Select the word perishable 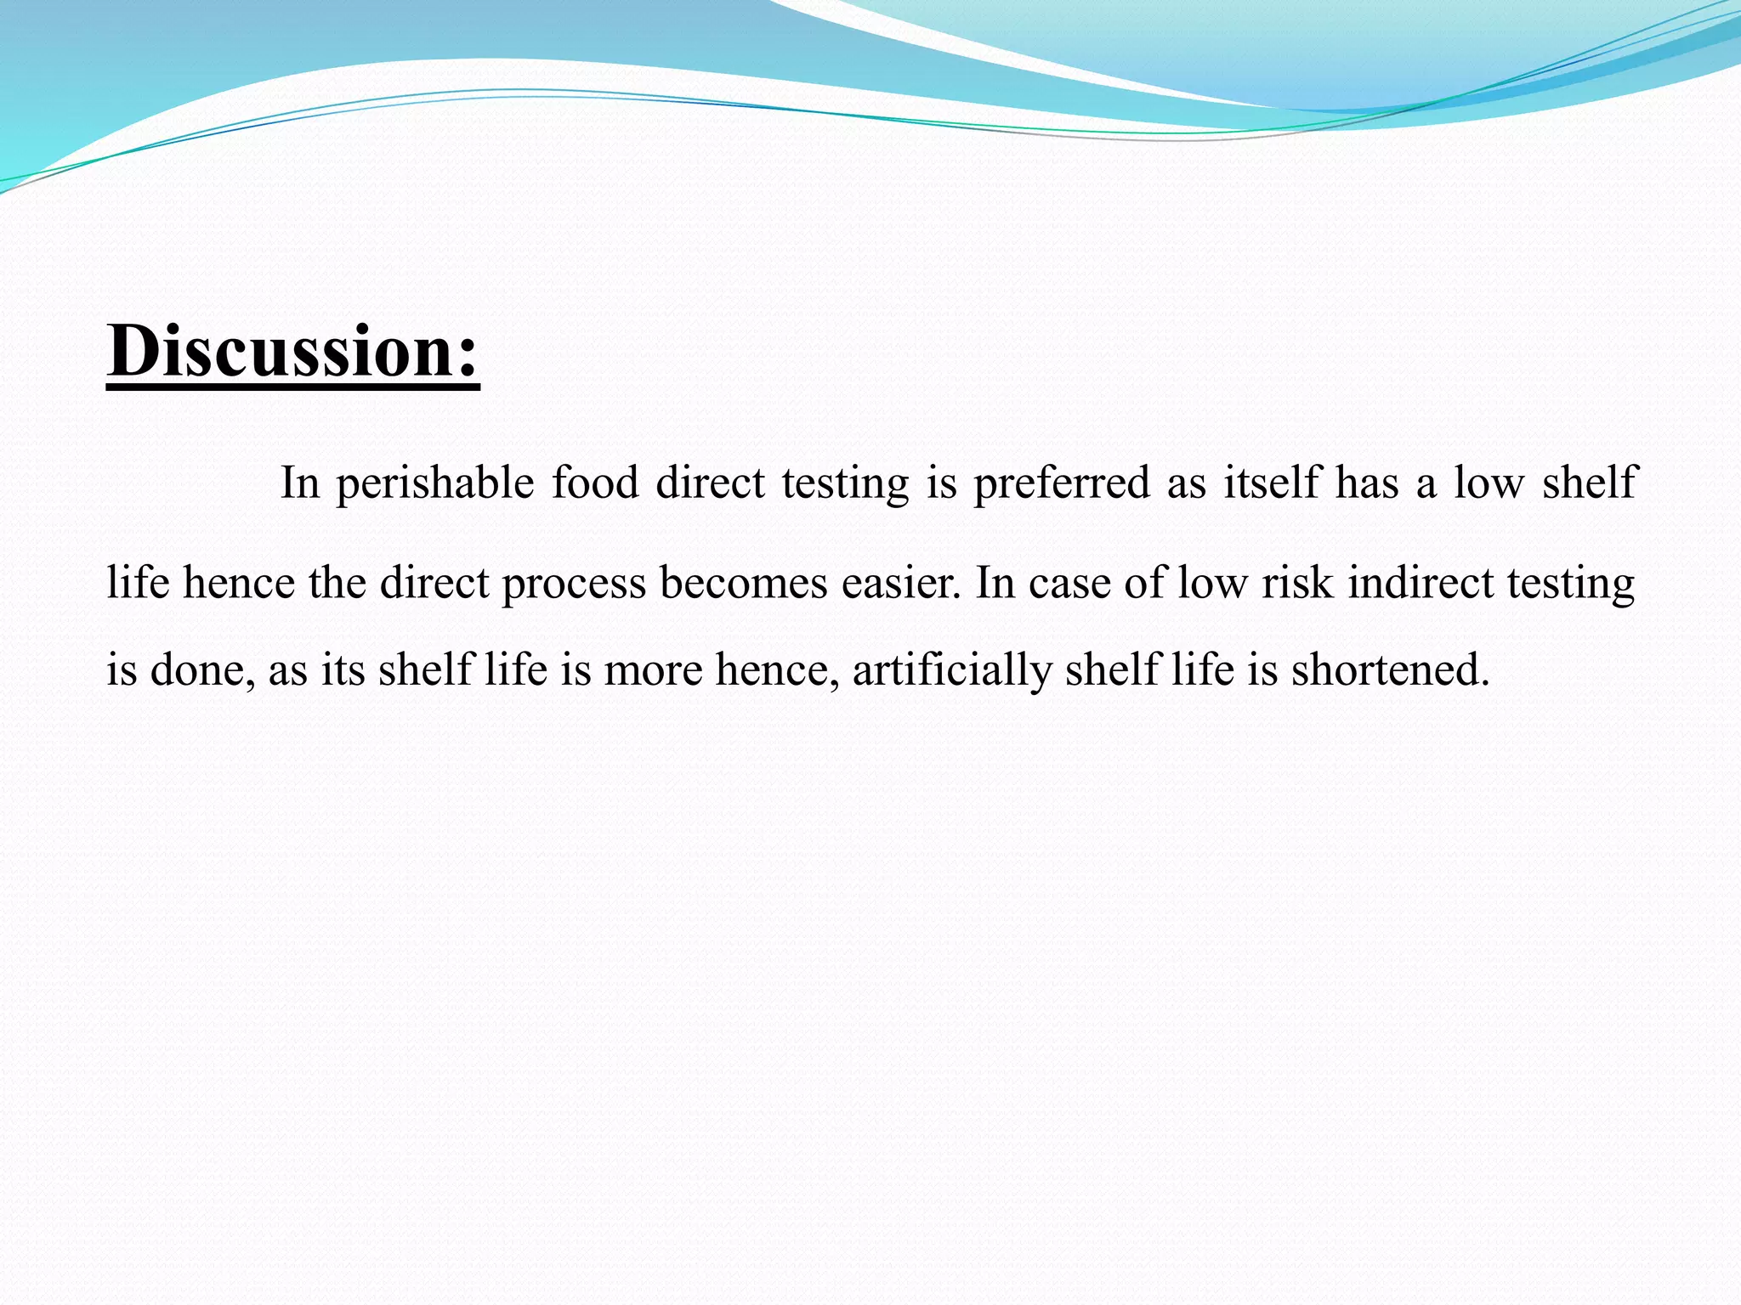pos(434,483)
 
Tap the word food pos(595,483)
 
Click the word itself pos(1271,483)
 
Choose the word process pos(574,585)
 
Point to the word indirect pos(1421,584)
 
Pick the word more pos(653,669)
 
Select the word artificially pos(952,669)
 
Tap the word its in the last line pos(343,669)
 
